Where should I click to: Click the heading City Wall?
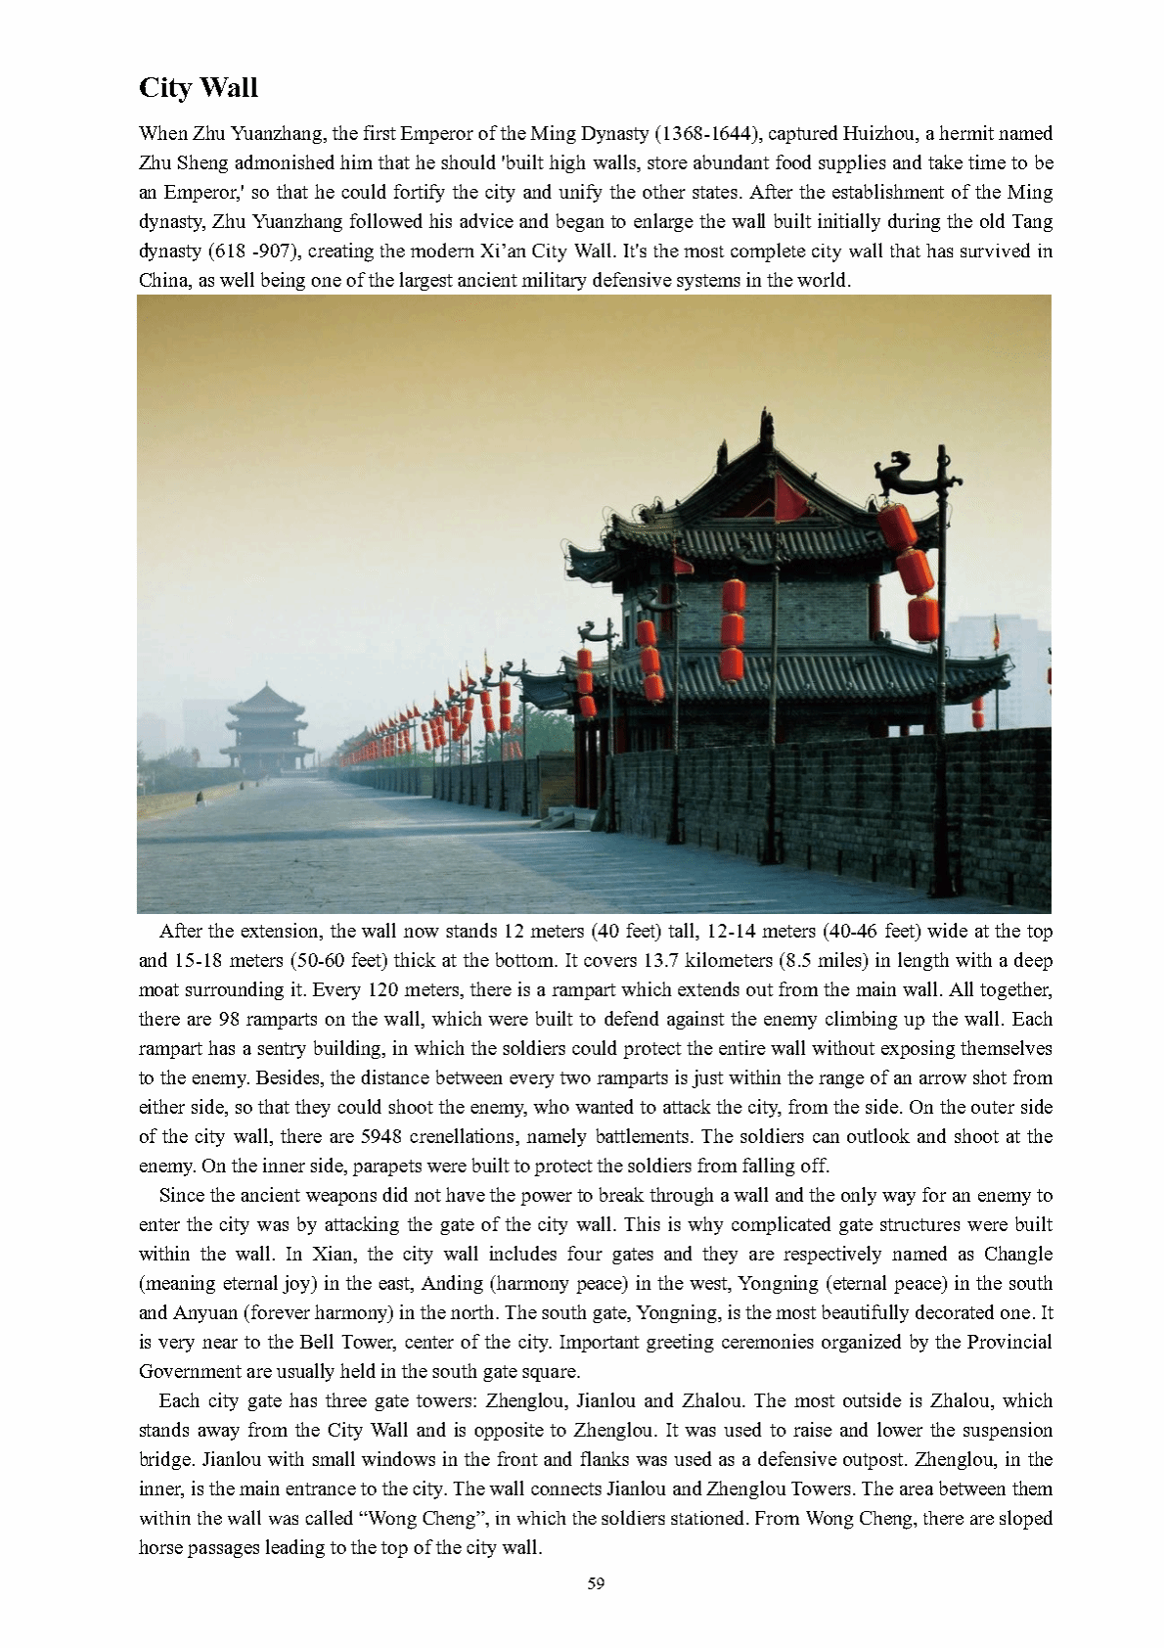(199, 88)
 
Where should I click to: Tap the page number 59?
(596, 1582)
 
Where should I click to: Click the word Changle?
(1018, 1254)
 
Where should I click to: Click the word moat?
(159, 989)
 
